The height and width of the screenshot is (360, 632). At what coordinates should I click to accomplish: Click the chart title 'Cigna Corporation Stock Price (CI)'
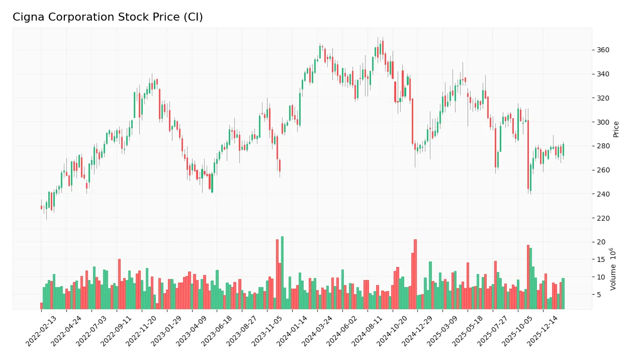click(108, 17)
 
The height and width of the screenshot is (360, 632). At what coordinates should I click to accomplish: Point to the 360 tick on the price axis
click(603, 50)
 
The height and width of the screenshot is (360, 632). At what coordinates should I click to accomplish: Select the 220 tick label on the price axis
click(603, 218)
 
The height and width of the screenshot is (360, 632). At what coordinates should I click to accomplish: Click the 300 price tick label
click(603, 122)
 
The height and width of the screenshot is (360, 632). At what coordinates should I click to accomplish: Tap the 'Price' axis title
click(616, 129)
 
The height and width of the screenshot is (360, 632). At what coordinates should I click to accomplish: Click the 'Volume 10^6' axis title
click(613, 269)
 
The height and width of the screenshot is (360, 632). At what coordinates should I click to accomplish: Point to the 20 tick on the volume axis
click(601, 242)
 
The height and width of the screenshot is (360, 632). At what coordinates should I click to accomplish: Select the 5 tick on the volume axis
click(599, 295)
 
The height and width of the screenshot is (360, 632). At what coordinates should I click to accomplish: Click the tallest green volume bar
click(282, 273)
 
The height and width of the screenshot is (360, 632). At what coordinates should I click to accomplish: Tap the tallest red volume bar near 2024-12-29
click(415, 275)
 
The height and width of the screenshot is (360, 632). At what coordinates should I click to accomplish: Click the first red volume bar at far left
click(41, 306)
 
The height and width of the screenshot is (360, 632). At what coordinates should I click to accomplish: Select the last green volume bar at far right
click(563, 294)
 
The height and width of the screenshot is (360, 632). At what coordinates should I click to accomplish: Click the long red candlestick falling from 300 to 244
click(528, 154)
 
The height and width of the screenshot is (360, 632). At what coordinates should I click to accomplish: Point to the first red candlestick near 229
click(41, 207)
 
